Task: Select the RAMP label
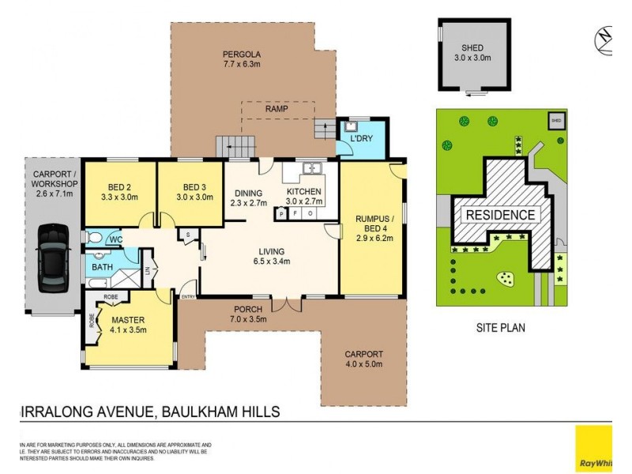276,109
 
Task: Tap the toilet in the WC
92,237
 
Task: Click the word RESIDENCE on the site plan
499,215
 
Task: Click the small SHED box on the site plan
555,121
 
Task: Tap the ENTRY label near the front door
188,296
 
